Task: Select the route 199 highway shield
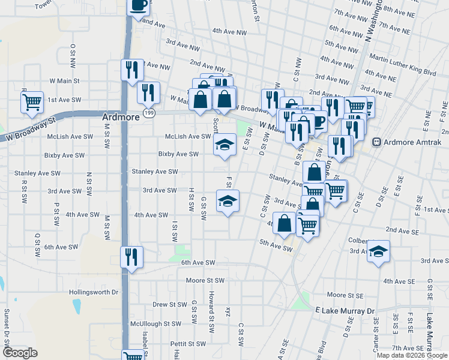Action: (x=148, y=113)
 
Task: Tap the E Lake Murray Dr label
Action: (x=345, y=311)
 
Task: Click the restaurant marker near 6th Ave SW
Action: (x=131, y=257)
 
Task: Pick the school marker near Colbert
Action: (x=378, y=251)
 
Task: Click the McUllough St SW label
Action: (x=156, y=324)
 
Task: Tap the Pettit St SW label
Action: (x=188, y=344)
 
